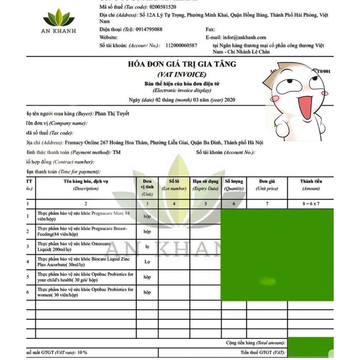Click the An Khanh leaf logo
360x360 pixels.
(59, 19)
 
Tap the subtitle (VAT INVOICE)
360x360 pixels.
(182, 74)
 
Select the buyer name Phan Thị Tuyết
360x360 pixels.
(112, 113)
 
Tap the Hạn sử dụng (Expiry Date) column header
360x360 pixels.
(205, 184)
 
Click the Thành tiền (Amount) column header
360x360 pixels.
(311, 184)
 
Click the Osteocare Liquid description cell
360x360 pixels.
(85, 246)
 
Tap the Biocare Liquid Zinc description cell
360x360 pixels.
(85, 262)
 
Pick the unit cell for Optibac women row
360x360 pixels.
(147, 292)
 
